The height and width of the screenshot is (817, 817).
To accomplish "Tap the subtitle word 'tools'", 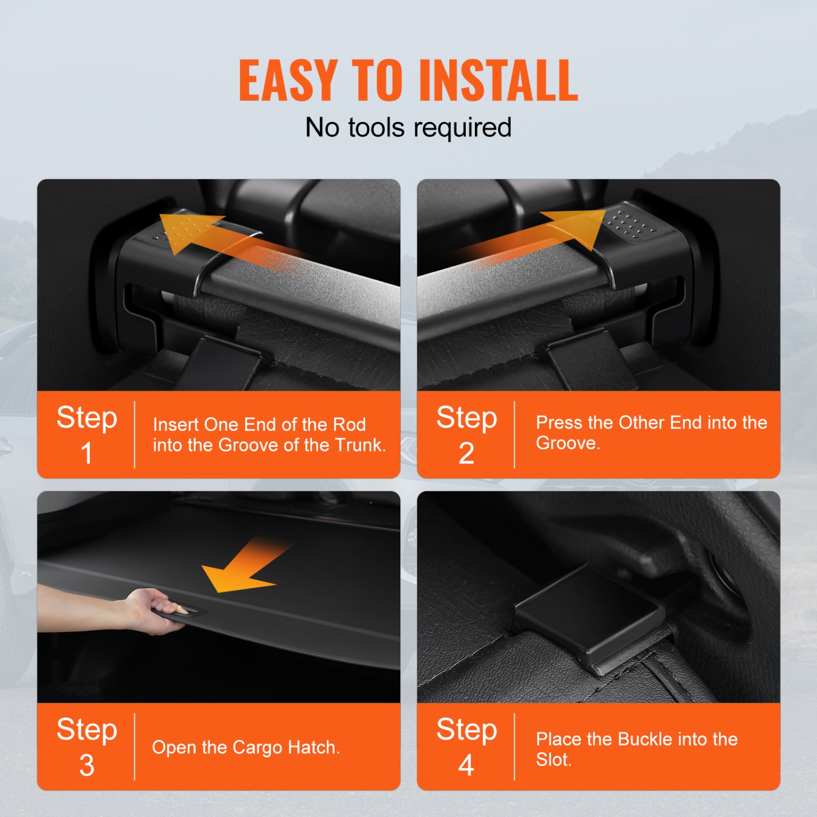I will (376, 127).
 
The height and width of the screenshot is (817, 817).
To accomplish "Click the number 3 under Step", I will (87, 765).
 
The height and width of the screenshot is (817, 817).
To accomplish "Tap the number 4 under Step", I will (466, 765).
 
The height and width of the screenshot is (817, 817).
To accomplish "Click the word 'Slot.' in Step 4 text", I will (553, 759).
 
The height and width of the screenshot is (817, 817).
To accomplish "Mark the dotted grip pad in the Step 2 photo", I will (632, 223).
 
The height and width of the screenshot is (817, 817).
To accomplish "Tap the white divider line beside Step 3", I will (135, 746).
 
